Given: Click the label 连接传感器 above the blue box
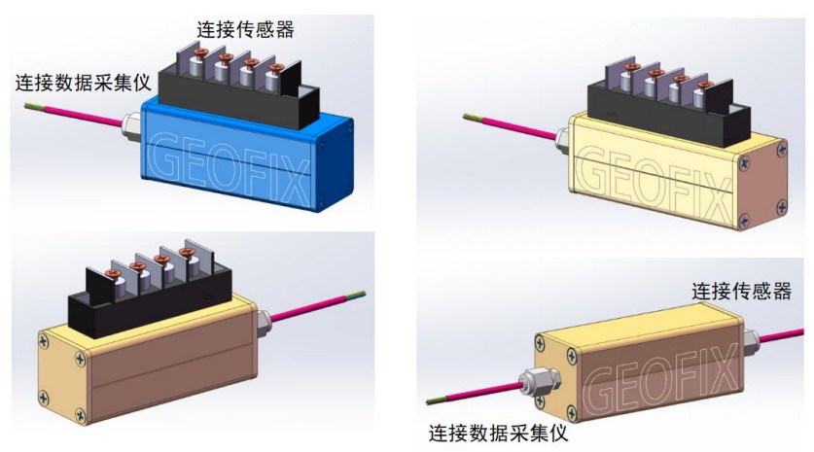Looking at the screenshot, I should [x=245, y=28].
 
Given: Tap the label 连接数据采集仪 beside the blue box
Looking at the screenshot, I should [x=83, y=82].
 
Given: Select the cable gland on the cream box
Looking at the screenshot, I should [x=560, y=144].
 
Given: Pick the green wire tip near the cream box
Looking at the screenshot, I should [x=470, y=119].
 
